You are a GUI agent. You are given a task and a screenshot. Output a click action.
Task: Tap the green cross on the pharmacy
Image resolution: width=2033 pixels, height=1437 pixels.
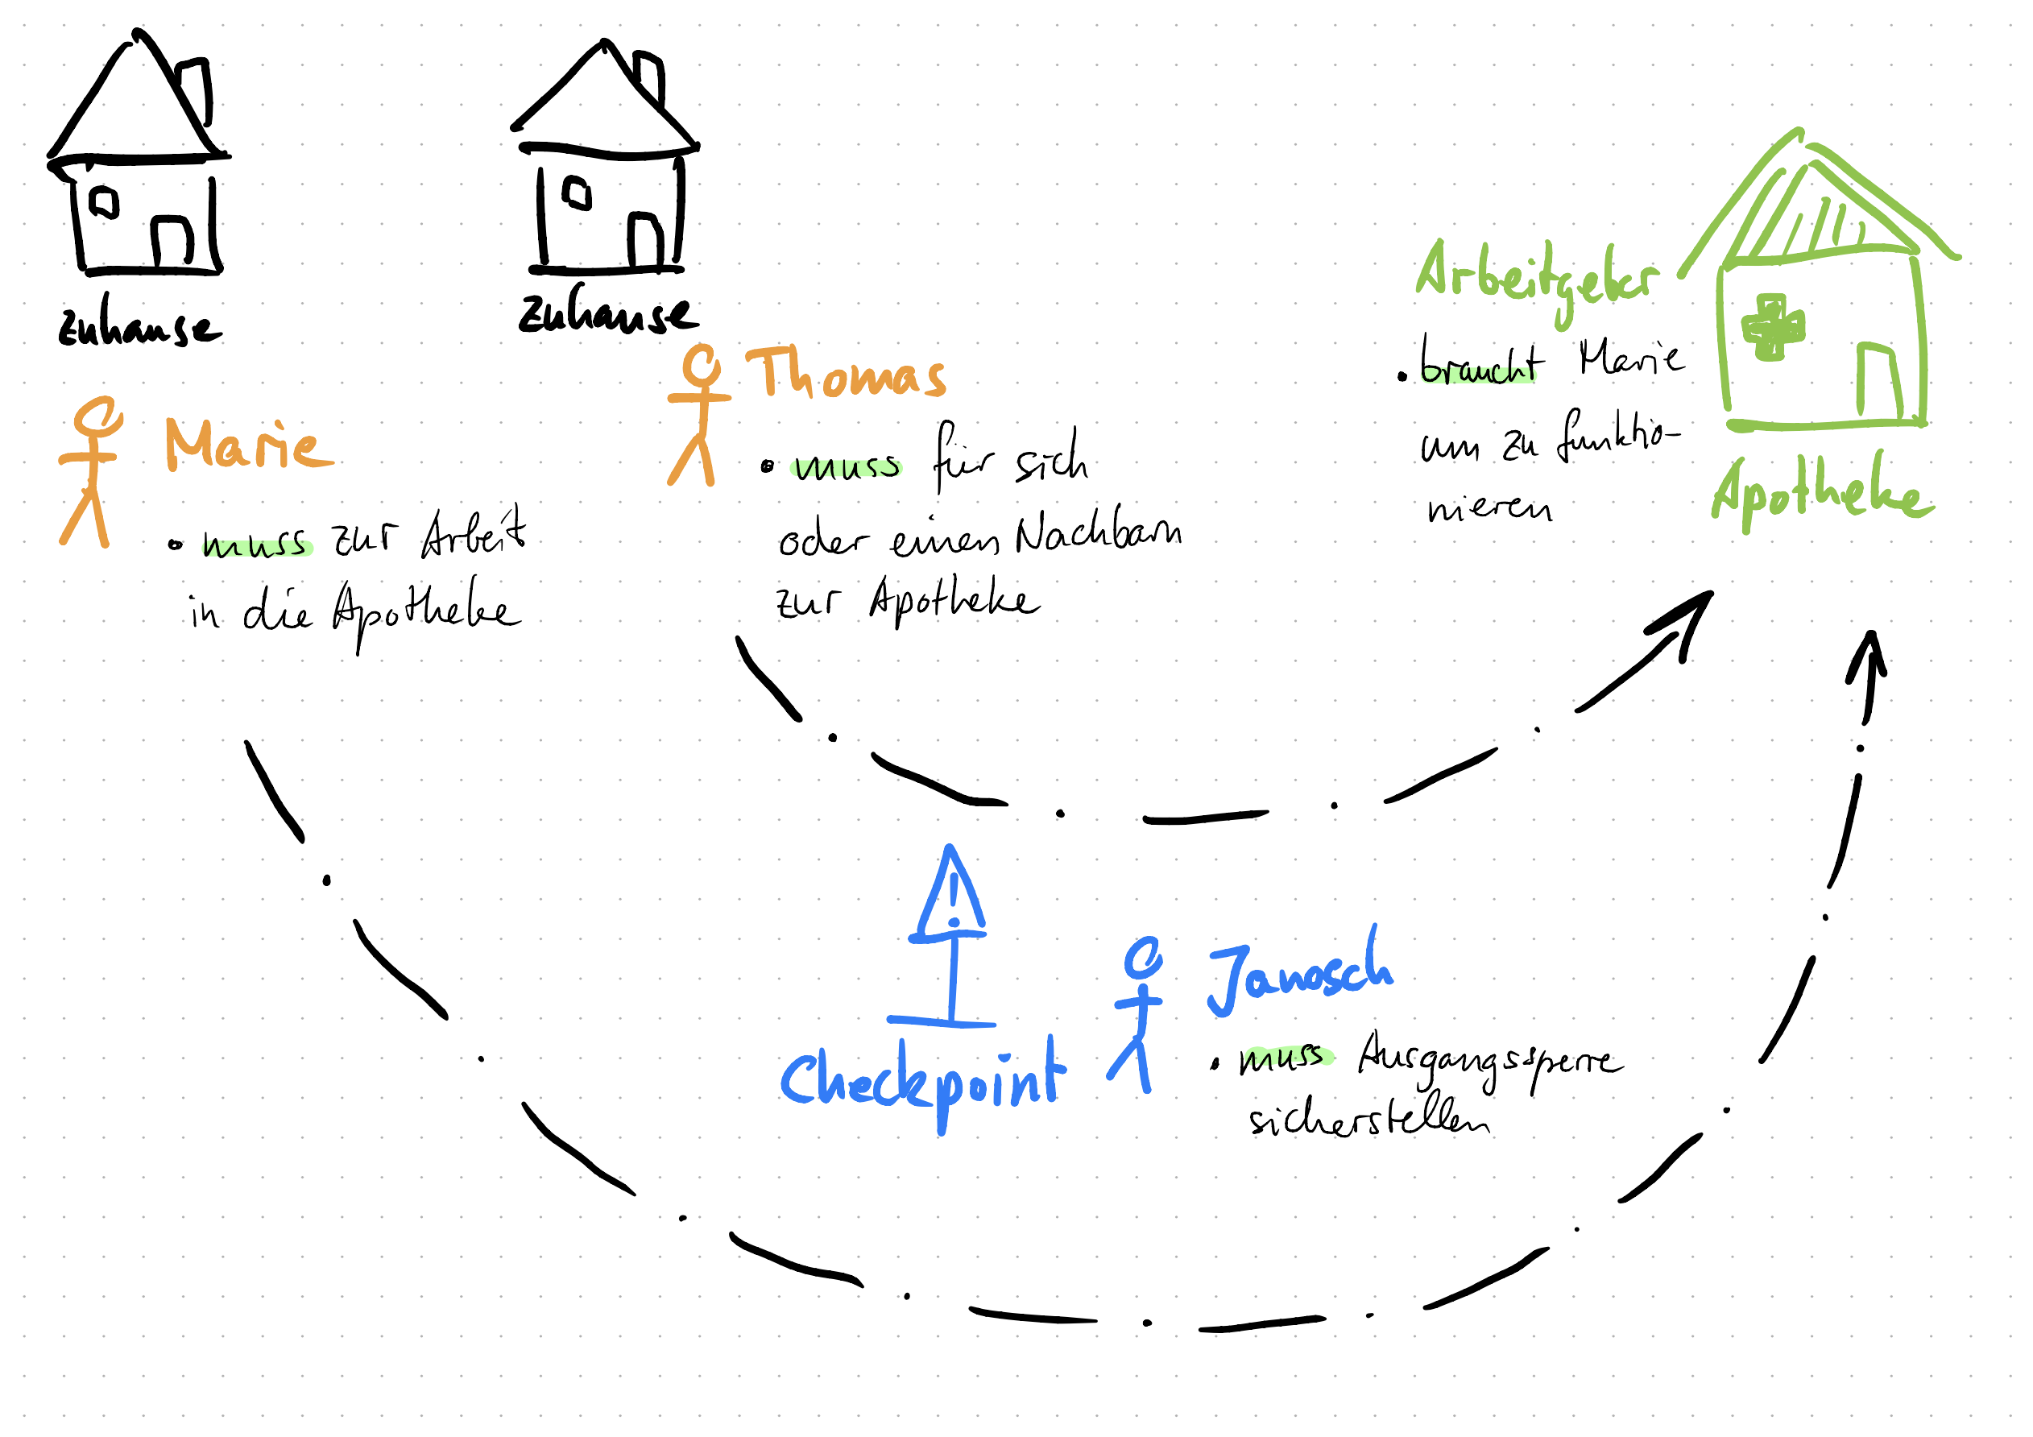(x=1773, y=329)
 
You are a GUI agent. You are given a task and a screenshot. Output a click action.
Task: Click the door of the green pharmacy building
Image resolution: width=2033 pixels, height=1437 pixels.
(x=1879, y=383)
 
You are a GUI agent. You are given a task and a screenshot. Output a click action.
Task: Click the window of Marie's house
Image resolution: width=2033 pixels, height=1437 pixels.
(x=104, y=202)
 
